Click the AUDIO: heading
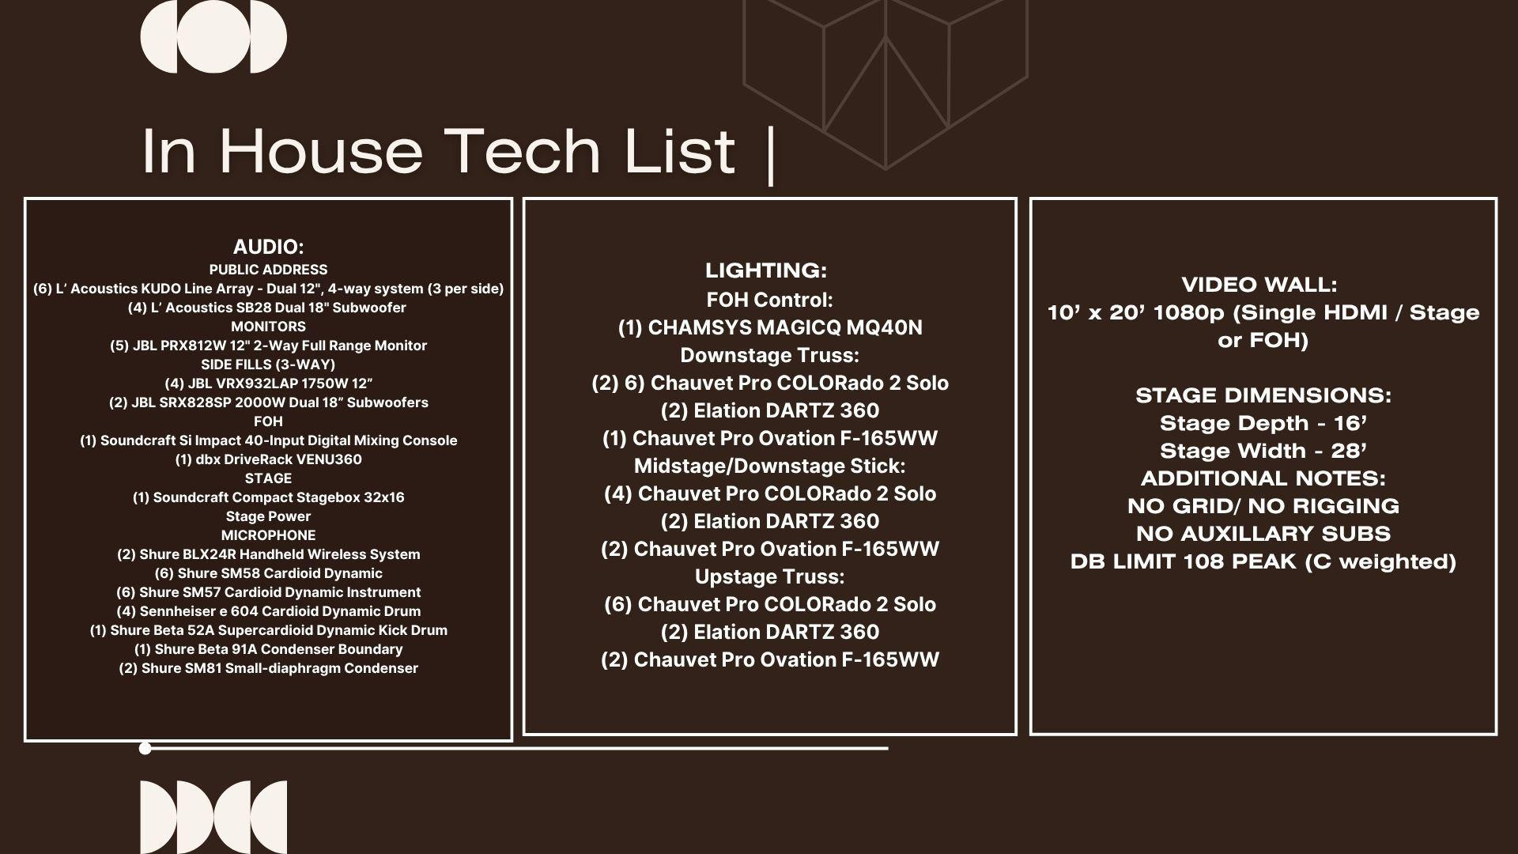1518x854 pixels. (268, 247)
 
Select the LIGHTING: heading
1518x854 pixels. (766, 270)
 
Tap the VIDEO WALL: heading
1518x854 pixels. (1259, 285)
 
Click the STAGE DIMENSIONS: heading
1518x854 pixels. (1263, 395)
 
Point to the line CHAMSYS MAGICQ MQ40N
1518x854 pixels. (770, 327)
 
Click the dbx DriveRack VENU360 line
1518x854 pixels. (268, 459)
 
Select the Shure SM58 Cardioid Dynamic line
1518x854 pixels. (268, 573)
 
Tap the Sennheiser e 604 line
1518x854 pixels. (268, 611)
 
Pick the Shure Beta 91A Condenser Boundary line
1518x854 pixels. (268, 649)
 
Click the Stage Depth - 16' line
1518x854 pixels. (1263, 423)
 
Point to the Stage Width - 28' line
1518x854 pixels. (1263, 451)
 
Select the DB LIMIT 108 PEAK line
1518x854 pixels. (1263, 561)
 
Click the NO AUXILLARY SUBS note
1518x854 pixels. (1263, 534)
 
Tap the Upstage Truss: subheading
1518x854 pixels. (770, 576)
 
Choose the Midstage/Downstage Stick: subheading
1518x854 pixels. (770, 466)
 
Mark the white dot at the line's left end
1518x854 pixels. (145, 748)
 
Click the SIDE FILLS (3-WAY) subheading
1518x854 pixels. (268, 365)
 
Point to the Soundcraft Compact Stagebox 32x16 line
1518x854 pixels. (268, 497)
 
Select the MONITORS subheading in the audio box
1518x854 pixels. (268, 327)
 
